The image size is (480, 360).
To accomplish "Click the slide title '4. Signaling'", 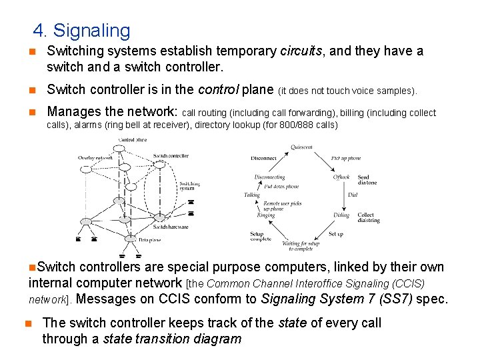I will click(x=82, y=31).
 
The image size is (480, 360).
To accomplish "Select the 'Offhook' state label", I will click(x=341, y=177).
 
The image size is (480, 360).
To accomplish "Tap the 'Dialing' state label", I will click(x=341, y=215).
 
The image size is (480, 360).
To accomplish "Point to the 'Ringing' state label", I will click(x=266, y=215).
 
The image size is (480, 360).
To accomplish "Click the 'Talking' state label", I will click(x=252, y=195).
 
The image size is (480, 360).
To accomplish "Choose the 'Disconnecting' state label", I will click(x=269, y=177).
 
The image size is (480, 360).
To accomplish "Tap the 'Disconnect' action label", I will click(x=264, y=159).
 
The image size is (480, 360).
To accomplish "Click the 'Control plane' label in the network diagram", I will click(x=133, y=139).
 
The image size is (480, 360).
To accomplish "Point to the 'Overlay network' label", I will click(x=95, y=158).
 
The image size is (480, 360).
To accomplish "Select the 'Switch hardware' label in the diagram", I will click(x=171, y=227).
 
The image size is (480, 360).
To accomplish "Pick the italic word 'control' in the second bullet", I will click(x=219, y=90).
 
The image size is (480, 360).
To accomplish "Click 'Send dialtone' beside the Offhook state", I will click(x=367, y=180).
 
